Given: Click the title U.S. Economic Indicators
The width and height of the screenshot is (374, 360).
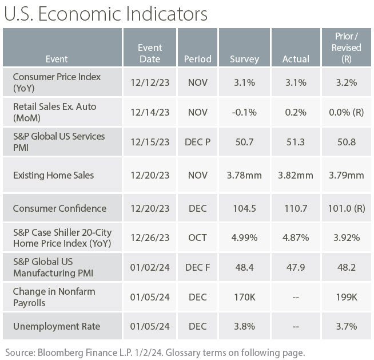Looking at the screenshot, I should [x=106, y=14].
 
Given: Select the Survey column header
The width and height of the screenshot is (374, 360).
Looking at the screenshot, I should [x=244, y=59].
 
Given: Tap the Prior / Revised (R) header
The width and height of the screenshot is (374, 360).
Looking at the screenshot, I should [x=346, y=48].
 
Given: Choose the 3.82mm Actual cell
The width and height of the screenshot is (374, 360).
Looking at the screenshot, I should [x=296, y=175].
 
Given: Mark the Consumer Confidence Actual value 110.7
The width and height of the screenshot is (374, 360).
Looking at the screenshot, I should [x=296, y=208].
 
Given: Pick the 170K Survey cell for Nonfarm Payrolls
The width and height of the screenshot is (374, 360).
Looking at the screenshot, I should [x=244, y=298].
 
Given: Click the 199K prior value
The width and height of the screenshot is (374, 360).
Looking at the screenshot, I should [x=346, y=298].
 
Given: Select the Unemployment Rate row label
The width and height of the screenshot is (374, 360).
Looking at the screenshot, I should [x=57, y=326].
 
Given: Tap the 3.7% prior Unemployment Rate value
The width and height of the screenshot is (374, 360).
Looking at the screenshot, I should [x=346, y=326].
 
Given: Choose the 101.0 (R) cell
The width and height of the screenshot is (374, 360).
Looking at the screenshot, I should [x=346, y=208].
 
